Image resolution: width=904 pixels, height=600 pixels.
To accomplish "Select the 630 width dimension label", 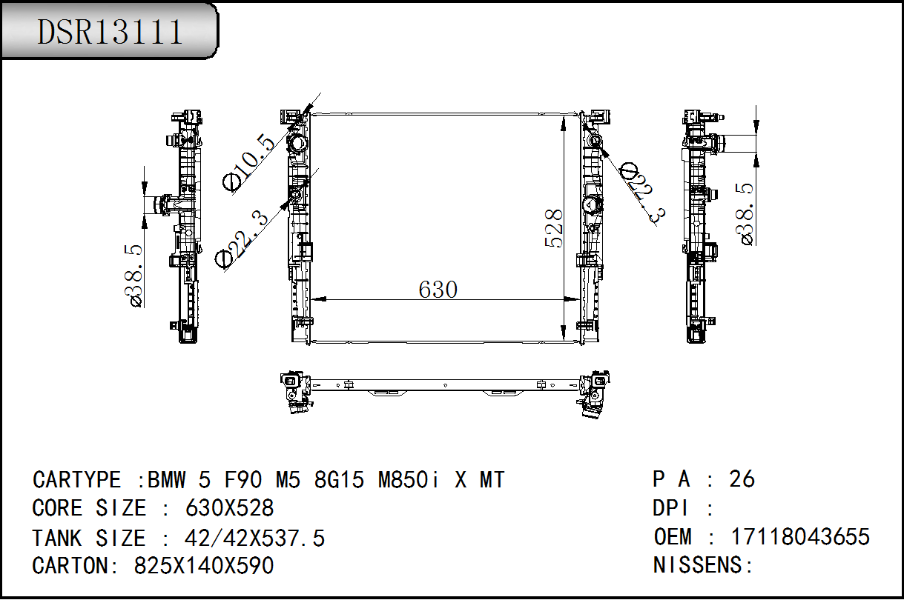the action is pyautogui.click(x=438, y=290).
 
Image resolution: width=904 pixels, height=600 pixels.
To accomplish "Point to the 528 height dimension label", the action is pyautogui.click(x=554, y=228).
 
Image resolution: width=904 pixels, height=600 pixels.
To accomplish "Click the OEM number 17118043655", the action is pyautogui.click(x=800, y=537).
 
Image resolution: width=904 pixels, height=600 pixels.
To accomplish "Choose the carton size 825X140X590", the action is pyautogui.click(x=204, y=565).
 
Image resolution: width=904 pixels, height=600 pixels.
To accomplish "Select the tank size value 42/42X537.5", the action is pyautogui.click(x=254, y=538).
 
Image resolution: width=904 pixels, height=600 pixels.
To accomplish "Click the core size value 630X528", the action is pyautogui.click(x=230, y=507).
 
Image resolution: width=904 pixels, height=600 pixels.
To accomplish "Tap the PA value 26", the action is pyautogui.click(x=742, y=479).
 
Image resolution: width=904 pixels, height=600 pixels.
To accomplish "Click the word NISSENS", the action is pyautogui.click(x=698, y=565).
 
